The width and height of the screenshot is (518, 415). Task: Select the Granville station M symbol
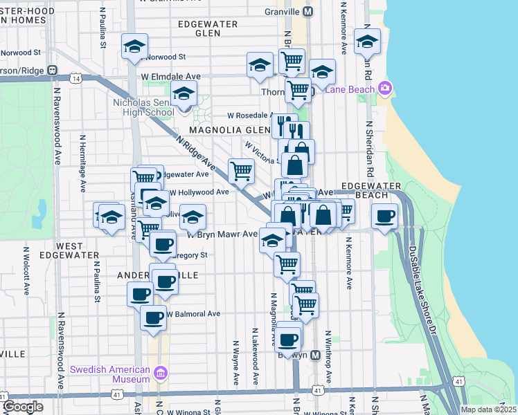(x=308, y=12)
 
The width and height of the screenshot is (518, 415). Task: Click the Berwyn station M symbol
(x=315, y=355)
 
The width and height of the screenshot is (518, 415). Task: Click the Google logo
(x=23, y=407)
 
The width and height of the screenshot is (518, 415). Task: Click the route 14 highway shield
(x=75, y=79)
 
